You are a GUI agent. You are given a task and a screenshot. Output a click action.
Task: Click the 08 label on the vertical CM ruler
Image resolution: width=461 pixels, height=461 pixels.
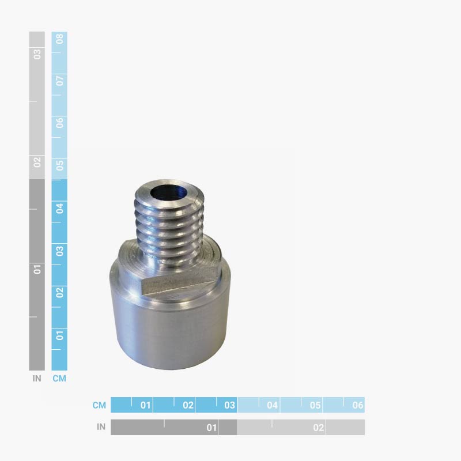click(x=59, y=39)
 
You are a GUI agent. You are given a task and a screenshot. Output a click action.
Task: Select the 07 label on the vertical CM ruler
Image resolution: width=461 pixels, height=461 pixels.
click(x=59, y=80)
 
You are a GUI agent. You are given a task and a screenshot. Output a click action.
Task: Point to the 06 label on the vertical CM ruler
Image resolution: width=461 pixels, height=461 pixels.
click(x=59, y=122)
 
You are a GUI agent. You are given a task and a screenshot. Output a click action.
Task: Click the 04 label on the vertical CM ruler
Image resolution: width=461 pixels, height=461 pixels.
click(x=59, y=207)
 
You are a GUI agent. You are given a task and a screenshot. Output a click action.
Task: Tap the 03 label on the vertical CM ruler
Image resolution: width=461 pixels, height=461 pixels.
click(x=59, y=250)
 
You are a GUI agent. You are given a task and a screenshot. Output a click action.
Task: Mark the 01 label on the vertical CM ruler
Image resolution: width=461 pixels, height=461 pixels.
click(x=59, y=335)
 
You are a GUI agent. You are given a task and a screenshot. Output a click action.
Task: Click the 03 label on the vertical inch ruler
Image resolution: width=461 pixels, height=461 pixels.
click(x=37, y=54)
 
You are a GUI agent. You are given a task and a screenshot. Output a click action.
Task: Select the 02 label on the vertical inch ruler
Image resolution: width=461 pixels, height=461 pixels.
click(x=37, y=162)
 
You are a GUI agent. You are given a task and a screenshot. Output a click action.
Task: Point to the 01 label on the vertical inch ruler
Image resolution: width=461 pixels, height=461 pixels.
click(x=37, y=269)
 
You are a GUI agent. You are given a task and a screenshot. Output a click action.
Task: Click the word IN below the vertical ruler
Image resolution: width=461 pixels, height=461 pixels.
click(x=37, y=379)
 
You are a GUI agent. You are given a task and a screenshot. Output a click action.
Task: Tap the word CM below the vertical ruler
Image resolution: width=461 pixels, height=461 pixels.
click(x=59, y=379)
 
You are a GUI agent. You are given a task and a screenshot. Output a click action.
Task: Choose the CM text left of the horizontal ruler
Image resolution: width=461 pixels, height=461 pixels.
click(x=99, y=405)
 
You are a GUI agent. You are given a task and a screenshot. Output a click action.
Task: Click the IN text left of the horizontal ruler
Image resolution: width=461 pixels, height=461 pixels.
click(x=101, y=427)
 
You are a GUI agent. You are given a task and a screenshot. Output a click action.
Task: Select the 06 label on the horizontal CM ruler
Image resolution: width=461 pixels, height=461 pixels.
click(x=358, y=405)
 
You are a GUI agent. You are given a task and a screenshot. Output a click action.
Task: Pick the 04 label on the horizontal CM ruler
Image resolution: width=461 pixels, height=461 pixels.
click(x=273, y=405)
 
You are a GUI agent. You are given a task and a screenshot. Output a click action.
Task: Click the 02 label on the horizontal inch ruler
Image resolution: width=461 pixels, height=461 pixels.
click(x=319, y=428)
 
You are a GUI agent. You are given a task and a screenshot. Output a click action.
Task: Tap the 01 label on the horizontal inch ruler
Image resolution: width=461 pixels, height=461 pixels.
click(x=211, y=428)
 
